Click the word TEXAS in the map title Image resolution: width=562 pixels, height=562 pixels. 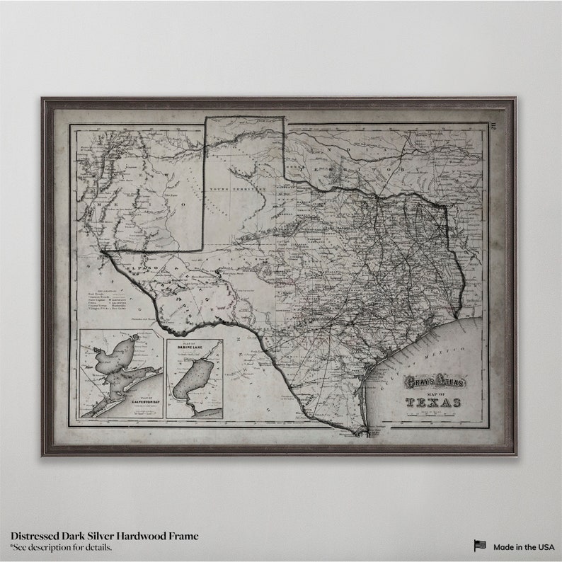pos(434,403)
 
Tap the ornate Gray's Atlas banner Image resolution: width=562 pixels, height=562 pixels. pos(433,383)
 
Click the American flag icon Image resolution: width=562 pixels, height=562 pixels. pos(480,546)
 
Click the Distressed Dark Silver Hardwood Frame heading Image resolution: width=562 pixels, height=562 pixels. pos(105,536)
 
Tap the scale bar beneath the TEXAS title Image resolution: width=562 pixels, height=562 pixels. pos(433,415)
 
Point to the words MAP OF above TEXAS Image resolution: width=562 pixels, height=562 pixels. pos(433,393)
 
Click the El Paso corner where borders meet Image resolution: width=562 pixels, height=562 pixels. pos(103,250)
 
